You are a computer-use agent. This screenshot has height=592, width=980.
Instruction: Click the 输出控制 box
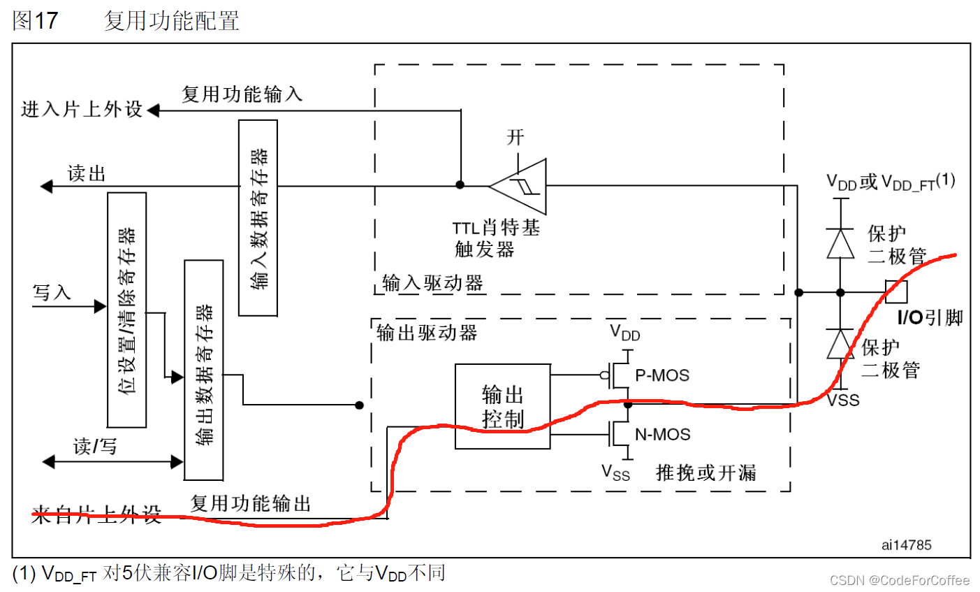[502, 406]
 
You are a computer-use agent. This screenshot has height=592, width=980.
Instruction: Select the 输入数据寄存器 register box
[258, 217]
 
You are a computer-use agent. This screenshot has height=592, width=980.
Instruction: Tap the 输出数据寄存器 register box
[203, 370]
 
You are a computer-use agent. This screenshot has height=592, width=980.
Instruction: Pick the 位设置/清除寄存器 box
[126, 310]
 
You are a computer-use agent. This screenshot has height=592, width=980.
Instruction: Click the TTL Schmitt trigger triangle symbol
[520, 187]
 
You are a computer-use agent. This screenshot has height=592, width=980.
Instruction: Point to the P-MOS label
[661, 375]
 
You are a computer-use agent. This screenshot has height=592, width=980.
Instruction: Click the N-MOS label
[662, 435]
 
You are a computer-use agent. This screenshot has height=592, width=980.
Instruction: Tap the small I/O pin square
[896, 291]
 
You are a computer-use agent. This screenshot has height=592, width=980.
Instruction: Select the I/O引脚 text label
[930, 318]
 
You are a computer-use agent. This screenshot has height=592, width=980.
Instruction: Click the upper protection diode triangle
[840, 243]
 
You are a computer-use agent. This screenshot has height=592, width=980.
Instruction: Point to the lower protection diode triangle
[840, 344]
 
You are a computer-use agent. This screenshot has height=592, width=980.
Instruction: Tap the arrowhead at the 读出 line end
[46, 186]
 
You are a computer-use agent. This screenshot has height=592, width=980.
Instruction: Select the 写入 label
[52, 292]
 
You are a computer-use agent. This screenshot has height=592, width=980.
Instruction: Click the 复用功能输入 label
[242, 94]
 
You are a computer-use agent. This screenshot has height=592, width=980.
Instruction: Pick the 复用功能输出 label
[250, 503]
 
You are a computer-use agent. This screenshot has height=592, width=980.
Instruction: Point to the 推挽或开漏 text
[705, 473]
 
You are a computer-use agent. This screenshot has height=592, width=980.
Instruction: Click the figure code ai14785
[906, 545]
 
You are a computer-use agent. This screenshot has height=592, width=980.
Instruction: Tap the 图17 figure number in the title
[35, 21]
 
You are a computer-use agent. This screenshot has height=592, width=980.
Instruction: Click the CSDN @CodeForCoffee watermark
[899, 580]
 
